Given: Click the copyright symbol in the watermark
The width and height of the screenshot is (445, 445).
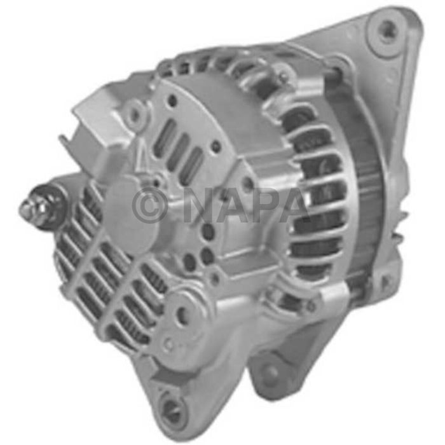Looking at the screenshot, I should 149,205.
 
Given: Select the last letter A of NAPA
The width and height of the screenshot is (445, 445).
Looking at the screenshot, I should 294,205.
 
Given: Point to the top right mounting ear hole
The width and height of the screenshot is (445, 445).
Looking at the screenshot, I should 387,29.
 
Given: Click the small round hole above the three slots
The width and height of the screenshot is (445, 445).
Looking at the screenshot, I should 172,100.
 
